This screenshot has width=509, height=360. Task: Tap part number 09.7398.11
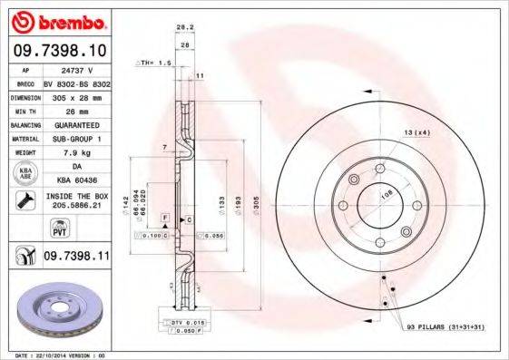76,258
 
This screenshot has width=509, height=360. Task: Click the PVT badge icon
24,229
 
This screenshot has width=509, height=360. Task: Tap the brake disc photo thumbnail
62,313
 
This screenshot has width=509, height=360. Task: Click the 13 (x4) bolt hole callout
416,133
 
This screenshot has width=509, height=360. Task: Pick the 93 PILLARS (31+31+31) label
441,326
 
